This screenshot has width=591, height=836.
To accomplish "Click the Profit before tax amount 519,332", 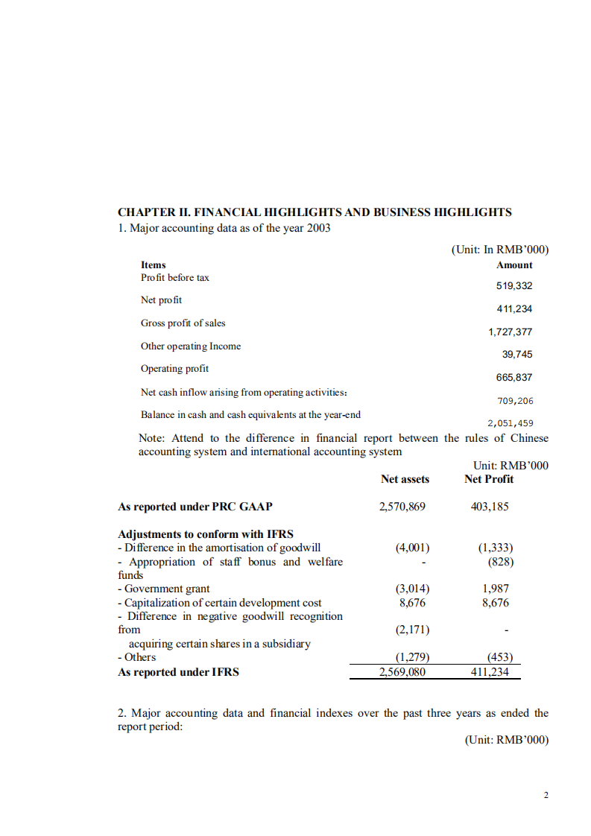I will point(514,286).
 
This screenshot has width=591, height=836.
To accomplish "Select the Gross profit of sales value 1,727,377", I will point(511,332).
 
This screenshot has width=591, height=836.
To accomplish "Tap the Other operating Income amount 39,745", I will point(518,355).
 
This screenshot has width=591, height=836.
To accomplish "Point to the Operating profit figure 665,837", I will point(514,378).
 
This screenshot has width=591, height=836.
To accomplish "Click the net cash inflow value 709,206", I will point(515,401).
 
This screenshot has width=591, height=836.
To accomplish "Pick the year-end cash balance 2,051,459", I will point(511,423).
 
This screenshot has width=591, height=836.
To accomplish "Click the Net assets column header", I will point(405,479).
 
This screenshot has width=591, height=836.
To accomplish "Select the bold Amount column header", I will point(514,265).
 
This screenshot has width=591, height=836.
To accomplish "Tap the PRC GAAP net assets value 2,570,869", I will point(402,507).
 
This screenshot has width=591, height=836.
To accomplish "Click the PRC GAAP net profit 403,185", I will point(490,507).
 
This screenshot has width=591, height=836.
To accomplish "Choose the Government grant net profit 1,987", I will point(496,589).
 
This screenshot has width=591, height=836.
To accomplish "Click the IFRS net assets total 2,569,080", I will point(402,672).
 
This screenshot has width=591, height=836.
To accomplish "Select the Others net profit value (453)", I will point(499,657).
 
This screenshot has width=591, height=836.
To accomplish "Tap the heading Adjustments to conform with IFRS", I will point(206,534).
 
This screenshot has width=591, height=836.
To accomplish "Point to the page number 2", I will point(546,796).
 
